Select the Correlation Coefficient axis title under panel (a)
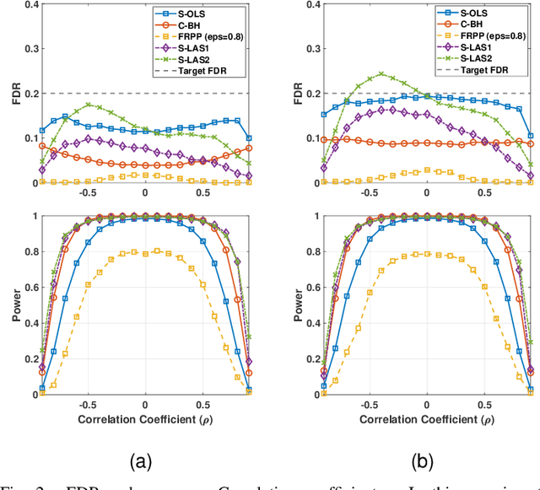coord(145,418)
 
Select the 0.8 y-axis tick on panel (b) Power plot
coord(302,251)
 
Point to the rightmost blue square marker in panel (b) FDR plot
coord(531,135)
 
